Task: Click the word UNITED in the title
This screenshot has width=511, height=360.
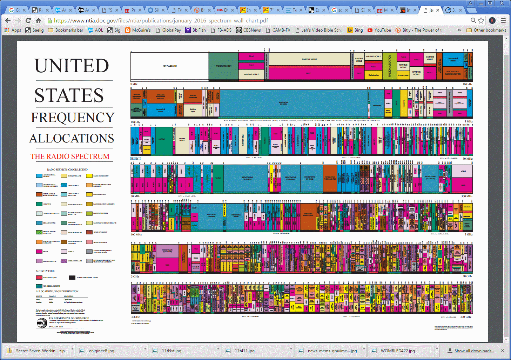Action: tap(72, 66)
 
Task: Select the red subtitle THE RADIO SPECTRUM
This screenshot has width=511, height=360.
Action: tap(70, 156)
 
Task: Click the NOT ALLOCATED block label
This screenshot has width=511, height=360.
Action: tap(170, 66)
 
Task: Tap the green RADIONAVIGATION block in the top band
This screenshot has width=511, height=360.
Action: tap(223, 66)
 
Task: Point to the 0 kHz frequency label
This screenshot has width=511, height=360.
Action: tap(134, 84)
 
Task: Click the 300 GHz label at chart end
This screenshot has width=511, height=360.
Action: tap(466, 317)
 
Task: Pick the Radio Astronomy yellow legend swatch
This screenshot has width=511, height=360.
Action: tap(89, 176)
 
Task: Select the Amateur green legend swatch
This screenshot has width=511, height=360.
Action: tap(39, 204)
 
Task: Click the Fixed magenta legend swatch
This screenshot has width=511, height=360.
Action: tap(39, 252)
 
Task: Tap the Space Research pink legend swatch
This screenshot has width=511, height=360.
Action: tap(89, 242)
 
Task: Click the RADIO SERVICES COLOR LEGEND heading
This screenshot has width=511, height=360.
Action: tap(67, 169)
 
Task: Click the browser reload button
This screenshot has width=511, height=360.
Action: tap(28, 21)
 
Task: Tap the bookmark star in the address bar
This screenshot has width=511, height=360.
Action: tap(481, 21)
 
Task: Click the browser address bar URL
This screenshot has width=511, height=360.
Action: tap(161, 21)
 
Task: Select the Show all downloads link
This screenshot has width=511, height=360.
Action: tap(474, 351)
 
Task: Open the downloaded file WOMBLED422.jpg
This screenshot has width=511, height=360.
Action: tap(397, 351)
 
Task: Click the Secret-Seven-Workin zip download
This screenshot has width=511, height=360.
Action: tap(40, 351)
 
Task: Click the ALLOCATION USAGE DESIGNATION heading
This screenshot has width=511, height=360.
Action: tap(57, 291)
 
